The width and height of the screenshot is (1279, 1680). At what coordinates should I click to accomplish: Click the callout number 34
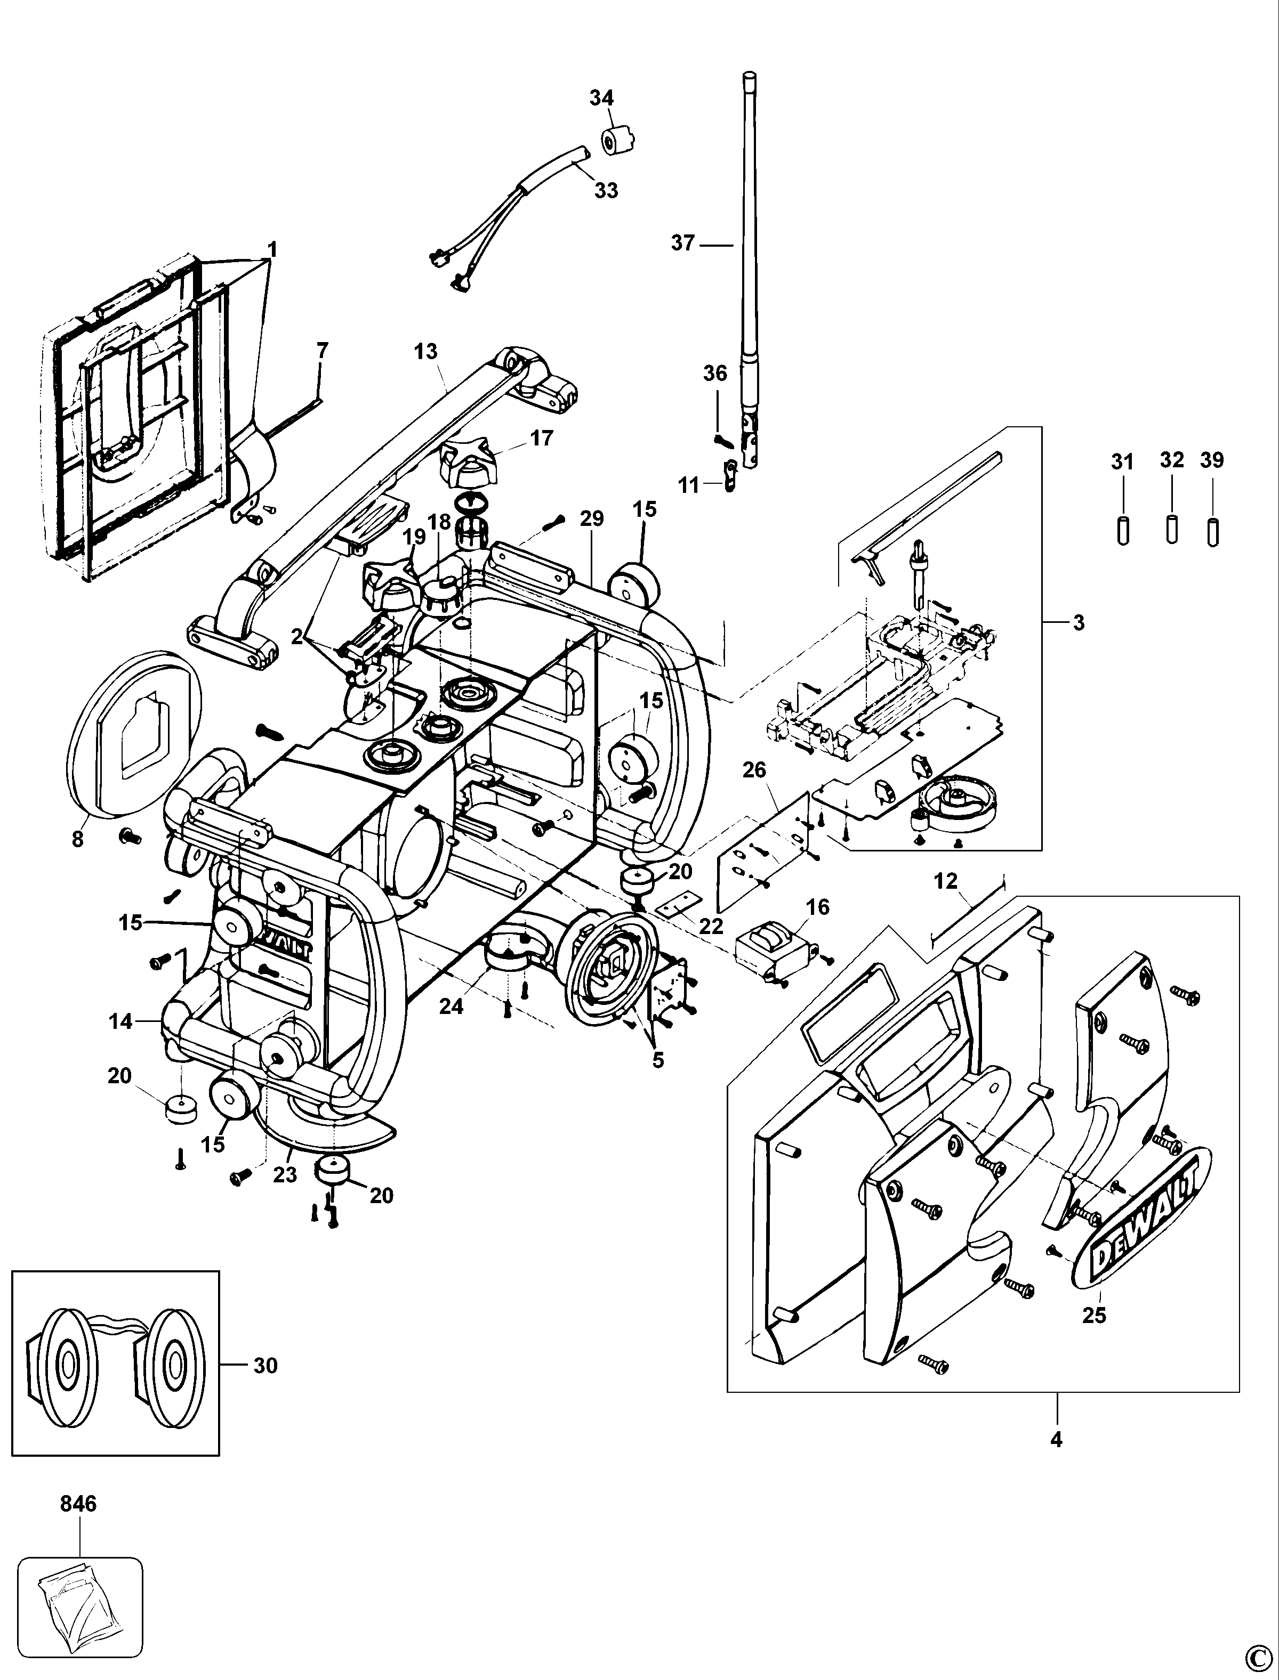[x=601, y=98]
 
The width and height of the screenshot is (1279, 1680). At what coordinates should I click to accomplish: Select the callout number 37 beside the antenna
[x=683, y=243]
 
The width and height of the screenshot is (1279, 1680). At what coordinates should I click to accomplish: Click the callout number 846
[x=78, y=1504]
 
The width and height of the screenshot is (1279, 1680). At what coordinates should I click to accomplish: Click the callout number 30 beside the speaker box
[x=265, y=1365]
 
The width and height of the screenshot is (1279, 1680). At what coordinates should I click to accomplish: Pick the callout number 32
[x=1172, y=460]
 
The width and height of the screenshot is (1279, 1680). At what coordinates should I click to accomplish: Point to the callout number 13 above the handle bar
[x=427, y=352]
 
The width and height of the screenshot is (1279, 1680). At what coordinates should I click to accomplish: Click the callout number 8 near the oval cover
[x=78, y=840]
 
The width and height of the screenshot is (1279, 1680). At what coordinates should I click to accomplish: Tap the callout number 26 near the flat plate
[x=754, y=770]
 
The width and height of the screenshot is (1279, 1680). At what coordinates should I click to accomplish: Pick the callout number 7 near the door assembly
[x=322, y=351]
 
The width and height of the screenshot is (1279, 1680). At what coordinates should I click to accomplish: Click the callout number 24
[x=451, y=1007]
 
